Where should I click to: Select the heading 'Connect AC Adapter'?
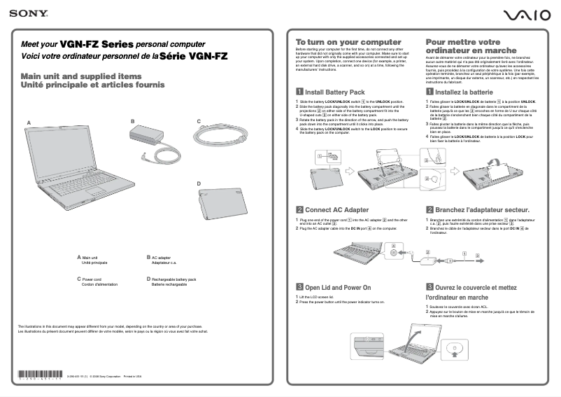[x=336, y=209]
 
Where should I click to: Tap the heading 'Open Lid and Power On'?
[x=338, y=288]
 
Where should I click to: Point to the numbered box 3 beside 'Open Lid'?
[x=299, y=288]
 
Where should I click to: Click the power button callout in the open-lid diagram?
[x=450, y=348]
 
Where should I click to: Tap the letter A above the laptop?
[x=29, y=123]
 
